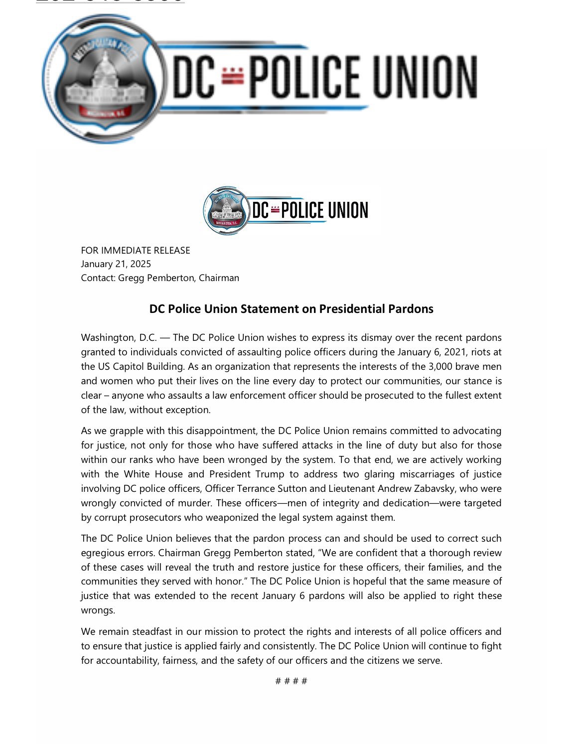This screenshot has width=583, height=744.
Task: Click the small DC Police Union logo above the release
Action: [286, 210]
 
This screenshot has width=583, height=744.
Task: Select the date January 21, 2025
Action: [116, 264]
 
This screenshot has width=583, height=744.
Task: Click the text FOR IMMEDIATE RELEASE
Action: [136, 250]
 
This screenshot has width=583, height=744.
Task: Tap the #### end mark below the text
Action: [291, 681]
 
